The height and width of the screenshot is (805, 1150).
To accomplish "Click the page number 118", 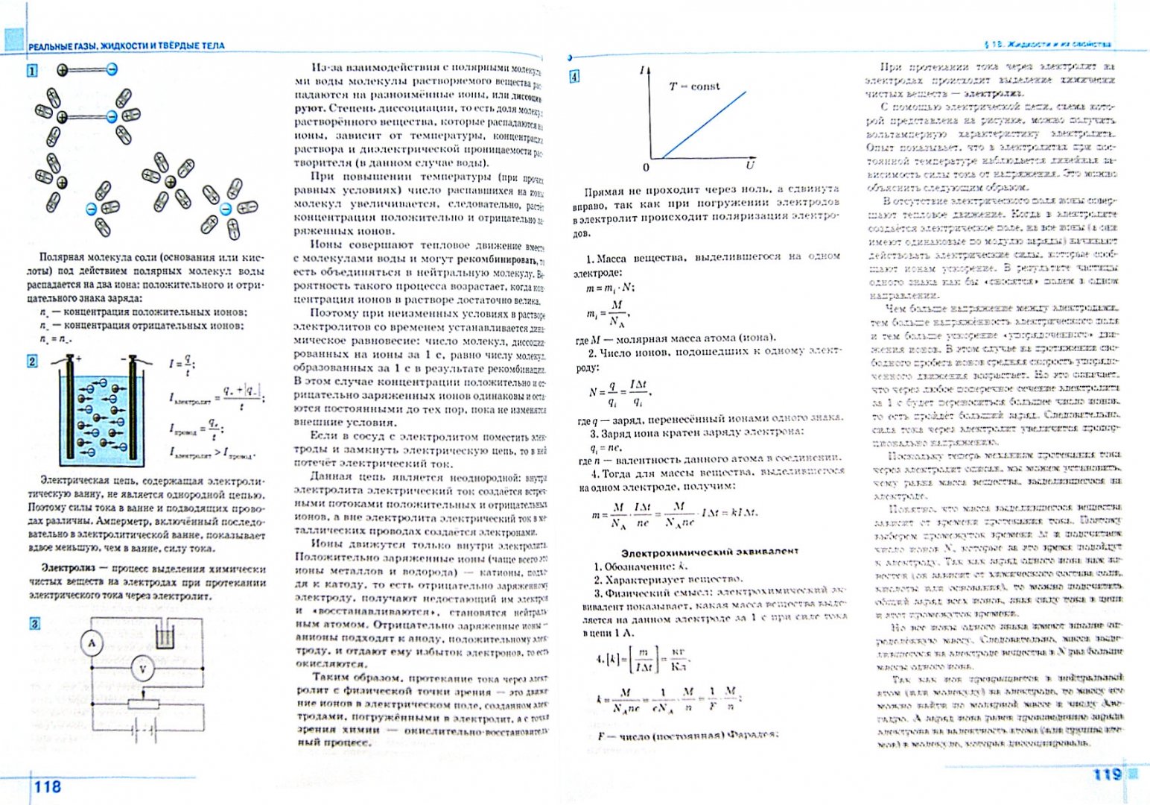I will (x=47, y=786).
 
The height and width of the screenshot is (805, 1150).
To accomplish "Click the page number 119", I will (x=1107, y=774).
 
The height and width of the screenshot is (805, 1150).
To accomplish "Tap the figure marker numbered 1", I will (x=32, y=72).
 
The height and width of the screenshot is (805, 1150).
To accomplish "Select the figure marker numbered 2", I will (x=32, y=362).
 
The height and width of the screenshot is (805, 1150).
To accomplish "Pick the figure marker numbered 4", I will (x=574, y=76).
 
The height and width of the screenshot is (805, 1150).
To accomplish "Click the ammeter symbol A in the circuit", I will (x=92, y=643).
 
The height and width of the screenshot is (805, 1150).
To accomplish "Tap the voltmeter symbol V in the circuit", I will (x=144, y=669).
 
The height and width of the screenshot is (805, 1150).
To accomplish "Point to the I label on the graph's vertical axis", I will (x=642, y=70).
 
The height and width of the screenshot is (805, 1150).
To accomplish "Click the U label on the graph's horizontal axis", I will (x=749, y=164).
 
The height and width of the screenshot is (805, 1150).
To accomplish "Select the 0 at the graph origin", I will (x=646, y=167).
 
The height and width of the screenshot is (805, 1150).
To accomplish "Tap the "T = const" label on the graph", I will (x=694, y=86).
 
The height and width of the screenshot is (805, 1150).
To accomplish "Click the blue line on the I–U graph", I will (x=704, y=125).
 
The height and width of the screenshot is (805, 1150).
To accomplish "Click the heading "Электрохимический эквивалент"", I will (x=710, y=552).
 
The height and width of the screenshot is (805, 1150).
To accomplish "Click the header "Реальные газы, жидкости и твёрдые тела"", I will (x=126, y=45).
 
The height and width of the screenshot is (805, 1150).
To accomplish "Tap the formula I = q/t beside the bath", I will (x=182, y=364).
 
